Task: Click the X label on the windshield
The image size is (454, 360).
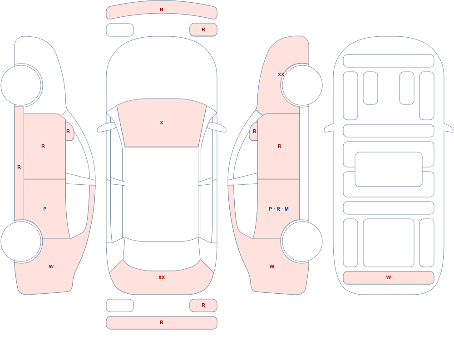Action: pyautogui.click(x=162, y=123)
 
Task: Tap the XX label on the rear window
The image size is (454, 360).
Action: pyautogui.click(x=162, y=277)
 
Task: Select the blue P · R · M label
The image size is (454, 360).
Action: pyautogui.click(x=279, y=209)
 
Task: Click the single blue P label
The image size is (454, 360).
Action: pyautogui.click(x=44, y=209)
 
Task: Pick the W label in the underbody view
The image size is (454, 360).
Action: pyautogui.click(x=389, y=277)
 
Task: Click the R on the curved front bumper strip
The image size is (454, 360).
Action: pyautogui.click(x=162, y=10)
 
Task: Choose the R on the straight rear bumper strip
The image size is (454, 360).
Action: pyautogui.click(x=162, y=322)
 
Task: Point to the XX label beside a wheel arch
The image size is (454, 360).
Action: pyautogui.click(x=281, y=74)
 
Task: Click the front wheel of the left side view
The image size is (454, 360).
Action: pyautogui.click(x=21, y=85)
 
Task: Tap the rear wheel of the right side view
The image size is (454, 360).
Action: pyautogui.click(x=302, y=241)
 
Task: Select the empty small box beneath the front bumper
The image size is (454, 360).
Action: pyautogui.click(x=120, y=30)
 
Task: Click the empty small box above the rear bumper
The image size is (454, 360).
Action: pyautogui.click(x=120, y=305)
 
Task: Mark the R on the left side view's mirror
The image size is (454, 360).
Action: pyautogui.click(x=68, y=131)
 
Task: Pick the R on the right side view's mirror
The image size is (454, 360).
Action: pyautogui.click(x=255, y=131)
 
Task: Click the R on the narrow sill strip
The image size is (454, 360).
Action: pyautogui.click(x=19, y=167)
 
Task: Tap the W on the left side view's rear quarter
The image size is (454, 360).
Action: pyautogui.click(x=51, y=266)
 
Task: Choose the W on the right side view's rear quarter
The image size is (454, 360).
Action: pyautogui.click(x=272, y=266)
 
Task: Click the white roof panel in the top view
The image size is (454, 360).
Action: pyautogui.click(x=162, y=193)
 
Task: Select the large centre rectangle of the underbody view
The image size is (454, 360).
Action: pyautogui.click(x=389, y=169)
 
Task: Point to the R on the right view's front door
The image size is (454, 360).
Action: pyautogui.click(x=280, y=146)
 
